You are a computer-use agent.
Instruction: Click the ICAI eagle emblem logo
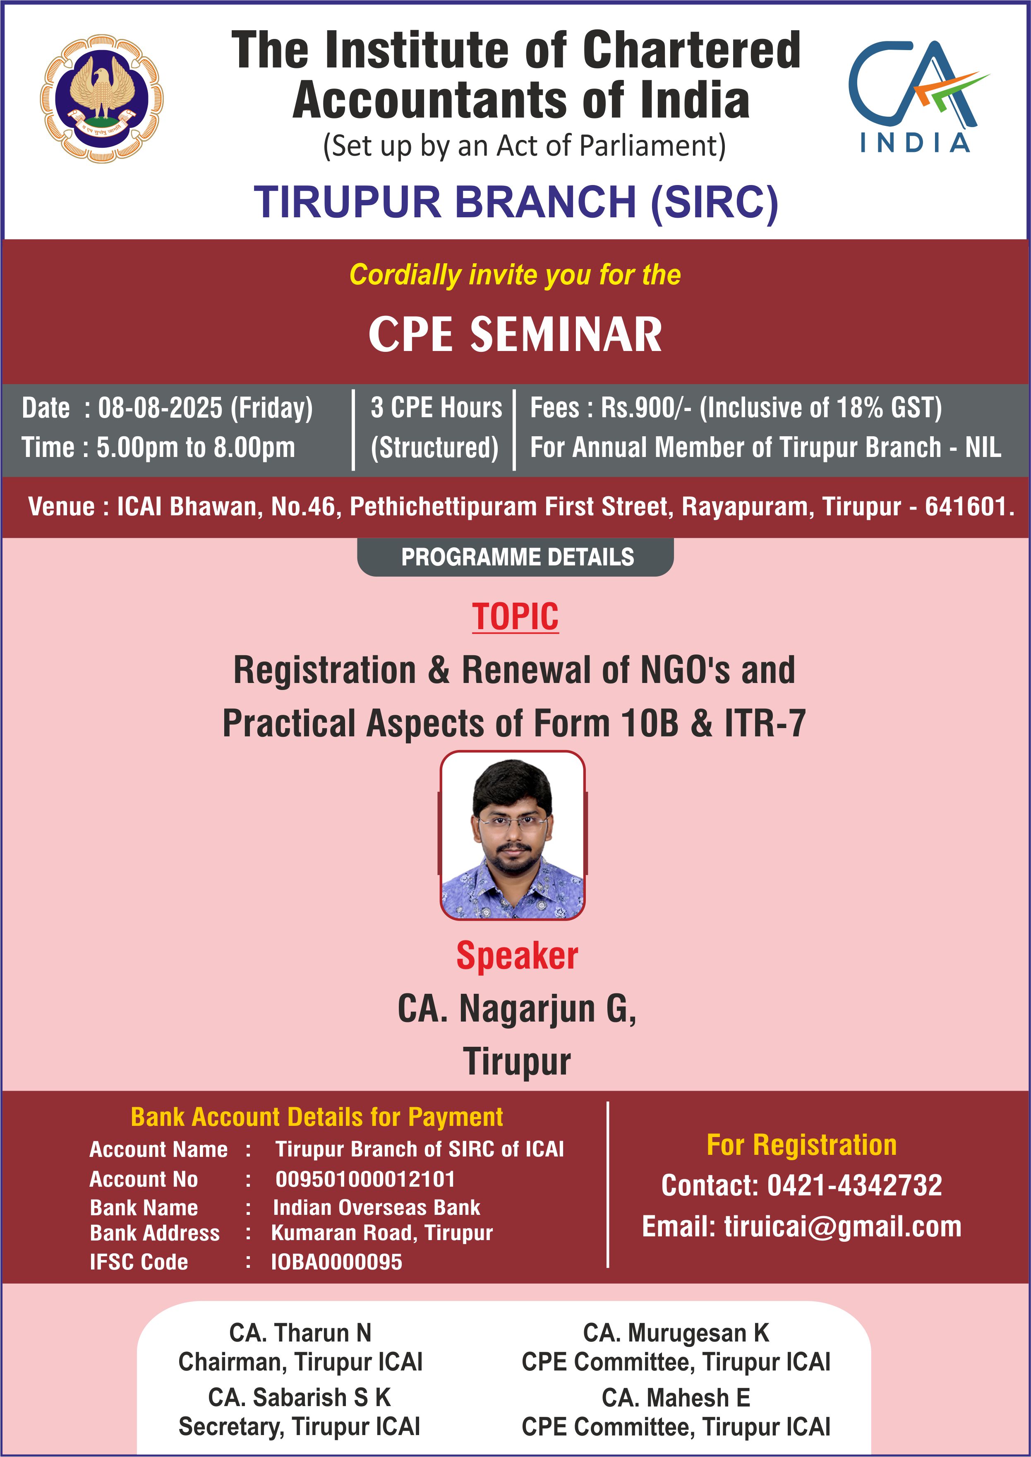tap(102, 99)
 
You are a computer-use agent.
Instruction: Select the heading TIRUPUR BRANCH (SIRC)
tap(516, 202)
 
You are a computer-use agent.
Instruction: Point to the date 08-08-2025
tap(160, 408)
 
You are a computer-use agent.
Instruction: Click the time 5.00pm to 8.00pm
tap(196, 447)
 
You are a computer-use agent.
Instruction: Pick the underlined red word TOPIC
tap(515, 617)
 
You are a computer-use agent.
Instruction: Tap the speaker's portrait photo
tap(513, 835)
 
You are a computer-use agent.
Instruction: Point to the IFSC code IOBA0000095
tap(336, 1262)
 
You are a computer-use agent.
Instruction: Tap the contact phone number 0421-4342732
tap(854, 1185)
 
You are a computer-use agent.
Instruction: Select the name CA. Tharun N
tap(300, 1332)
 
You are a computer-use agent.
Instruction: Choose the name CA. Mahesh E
tap(676, 1398)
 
